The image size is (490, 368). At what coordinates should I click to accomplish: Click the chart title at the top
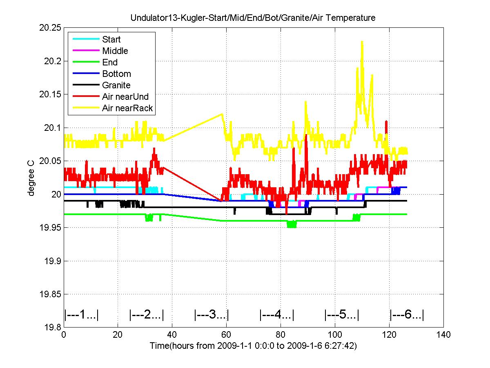pyautogui.click(x=253, y=18)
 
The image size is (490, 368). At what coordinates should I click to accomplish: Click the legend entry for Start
pyautogui.click(x=111, y=40)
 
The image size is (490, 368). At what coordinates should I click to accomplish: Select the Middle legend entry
pyautogui.click(x=115, y=51)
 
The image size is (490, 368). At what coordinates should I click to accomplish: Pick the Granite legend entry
pyautogui.click(x=116, y=85)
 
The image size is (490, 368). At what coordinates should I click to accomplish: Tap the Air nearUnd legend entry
pyautogui.click(x=125, y=97)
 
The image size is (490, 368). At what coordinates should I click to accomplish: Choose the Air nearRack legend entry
pyautogui.click(x=127, y=108)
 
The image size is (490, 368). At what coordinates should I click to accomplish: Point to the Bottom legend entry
pyautogui.click(x=116, y=74)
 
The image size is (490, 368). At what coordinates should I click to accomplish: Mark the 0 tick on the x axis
pyautogui.click(x=64, y=335)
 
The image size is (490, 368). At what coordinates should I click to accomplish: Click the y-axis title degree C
pyautogui.click(x=31, y=177)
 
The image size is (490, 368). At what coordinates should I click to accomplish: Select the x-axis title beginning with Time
pyautogui.click(x=253, y=346)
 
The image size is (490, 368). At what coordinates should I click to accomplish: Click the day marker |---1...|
pyautogui.click(x=82, y=315)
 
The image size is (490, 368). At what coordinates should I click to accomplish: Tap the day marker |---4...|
pyautogui.click(x=277, y=315)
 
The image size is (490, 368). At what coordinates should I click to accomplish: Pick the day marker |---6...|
pyautogui.click(x=407, y=315)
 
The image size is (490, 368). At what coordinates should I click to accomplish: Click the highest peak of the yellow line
pyautogui.click(x=362, y=41)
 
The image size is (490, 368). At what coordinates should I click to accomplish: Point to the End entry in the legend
pyautogui.click(x=110, y=63)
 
